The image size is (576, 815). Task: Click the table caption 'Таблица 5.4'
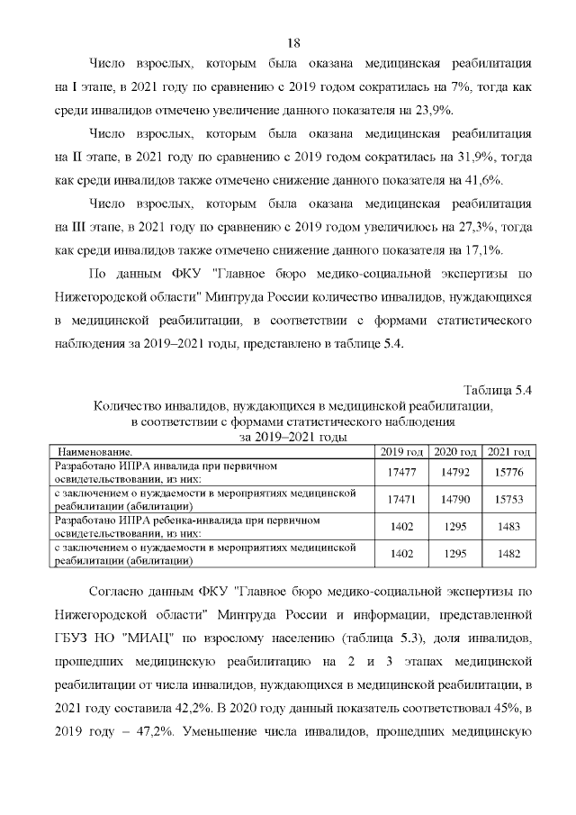[x=499, y=390]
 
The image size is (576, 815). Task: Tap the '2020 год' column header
[x=454, y=450]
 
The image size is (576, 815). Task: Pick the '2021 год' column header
[x=508, y=450]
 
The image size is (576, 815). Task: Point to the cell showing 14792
[x=454, y=472]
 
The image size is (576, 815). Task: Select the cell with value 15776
[x=508, y=472]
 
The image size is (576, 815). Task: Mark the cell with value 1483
[x=508, y=526]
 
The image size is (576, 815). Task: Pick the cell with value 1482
[x=508, y=554]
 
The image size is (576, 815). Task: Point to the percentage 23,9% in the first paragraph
[x=436, y=110]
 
